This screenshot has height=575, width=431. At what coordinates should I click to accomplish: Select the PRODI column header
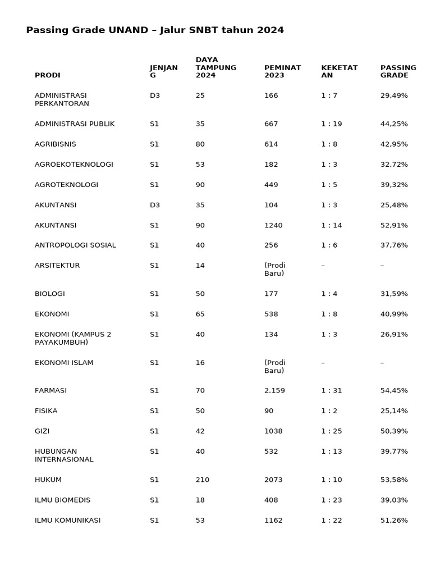47,75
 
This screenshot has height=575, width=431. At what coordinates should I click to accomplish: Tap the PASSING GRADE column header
398,71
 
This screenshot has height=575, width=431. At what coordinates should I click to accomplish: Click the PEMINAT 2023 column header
282,71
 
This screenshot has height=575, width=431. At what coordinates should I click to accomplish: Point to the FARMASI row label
51,391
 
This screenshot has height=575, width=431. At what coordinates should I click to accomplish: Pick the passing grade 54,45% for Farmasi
394,391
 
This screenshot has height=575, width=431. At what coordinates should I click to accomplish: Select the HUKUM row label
48,480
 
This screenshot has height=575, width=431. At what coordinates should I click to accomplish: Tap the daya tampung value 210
202,480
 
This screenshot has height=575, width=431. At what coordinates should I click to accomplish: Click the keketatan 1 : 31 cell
331,391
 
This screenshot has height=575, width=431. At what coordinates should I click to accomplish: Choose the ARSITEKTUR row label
57,266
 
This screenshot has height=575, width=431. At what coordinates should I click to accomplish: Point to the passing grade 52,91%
394,226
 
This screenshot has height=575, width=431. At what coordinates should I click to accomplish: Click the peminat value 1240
273,226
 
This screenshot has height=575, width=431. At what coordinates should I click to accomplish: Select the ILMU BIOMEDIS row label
62,500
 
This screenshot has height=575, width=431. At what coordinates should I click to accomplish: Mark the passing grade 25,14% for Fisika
394,411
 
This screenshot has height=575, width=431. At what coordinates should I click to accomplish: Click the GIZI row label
42,431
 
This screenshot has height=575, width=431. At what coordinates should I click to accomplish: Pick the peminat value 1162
273,521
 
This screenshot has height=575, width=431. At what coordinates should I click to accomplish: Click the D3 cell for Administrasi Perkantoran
155,96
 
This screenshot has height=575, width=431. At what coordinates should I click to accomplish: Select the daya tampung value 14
200,266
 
